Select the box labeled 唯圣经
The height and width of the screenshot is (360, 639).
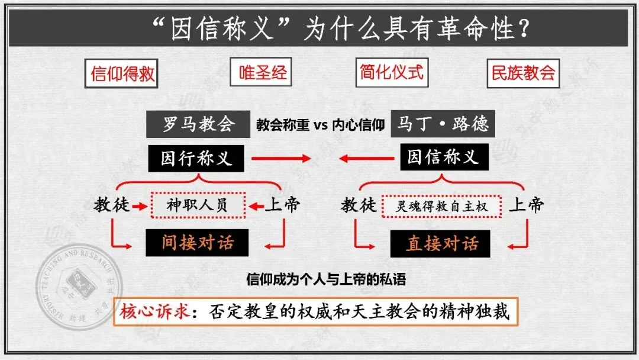click(262, 73)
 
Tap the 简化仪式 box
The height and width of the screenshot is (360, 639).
click(392, 72)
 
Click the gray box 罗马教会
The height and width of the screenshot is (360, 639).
click(198, 124)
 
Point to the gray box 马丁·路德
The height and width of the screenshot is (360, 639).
click(443, 124)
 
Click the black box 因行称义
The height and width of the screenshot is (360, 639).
click(196, 158)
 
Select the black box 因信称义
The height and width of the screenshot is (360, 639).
click(443, 157)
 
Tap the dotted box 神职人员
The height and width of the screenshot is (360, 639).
click(198, 205)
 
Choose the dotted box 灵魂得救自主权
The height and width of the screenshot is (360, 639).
click(441, 206)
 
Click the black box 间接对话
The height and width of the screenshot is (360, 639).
click(197, 243)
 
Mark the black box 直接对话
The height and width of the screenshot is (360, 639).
click(441, 244)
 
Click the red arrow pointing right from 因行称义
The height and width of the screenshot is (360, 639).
click(280, 158)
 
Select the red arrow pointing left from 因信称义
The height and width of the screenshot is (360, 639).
click(366, 158)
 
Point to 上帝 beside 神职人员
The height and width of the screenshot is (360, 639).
click(282, 205)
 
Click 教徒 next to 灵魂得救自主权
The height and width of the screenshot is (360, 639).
click(359, 205)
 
